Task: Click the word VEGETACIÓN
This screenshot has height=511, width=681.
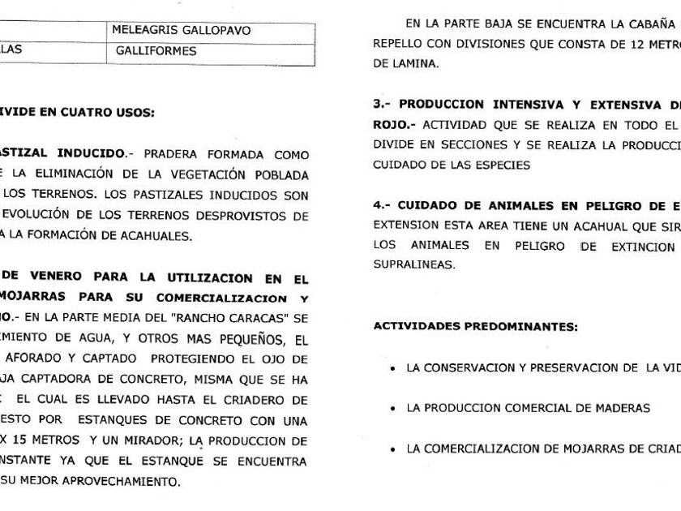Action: pos(195,173)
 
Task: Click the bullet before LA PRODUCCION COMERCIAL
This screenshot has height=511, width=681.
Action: pos(392,409)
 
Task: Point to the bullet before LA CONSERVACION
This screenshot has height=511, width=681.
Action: pos(392,368)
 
